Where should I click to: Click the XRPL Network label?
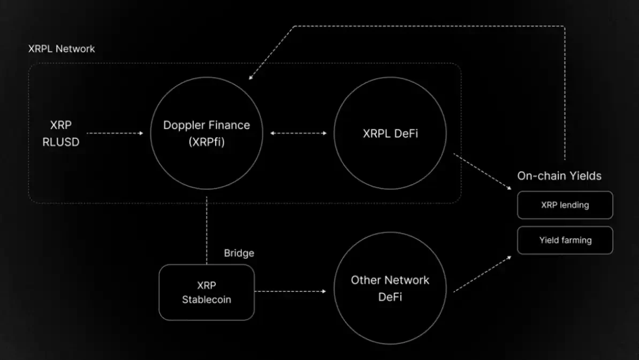[62, 49]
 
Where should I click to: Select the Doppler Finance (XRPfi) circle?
[207, 133]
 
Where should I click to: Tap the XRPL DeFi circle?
[390, 133]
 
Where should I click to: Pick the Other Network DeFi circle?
[390, 288]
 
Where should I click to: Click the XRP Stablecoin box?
[207, 292]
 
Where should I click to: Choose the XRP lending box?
[565, 205]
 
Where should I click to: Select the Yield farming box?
[565, 240]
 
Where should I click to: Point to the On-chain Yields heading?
[559, 176]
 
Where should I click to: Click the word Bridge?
[239, 253]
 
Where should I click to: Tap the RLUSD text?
[61, 142]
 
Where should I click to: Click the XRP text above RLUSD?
[61, 125]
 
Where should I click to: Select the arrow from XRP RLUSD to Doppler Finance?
[115, 133]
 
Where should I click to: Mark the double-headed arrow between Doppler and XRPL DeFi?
[298, 133]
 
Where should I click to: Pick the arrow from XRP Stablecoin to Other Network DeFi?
[290, 292]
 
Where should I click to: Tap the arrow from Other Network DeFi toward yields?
[482, 274]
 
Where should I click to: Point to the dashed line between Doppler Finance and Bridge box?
[207, 230]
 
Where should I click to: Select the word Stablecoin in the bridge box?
[207, 300]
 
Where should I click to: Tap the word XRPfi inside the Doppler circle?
[207, 142]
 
